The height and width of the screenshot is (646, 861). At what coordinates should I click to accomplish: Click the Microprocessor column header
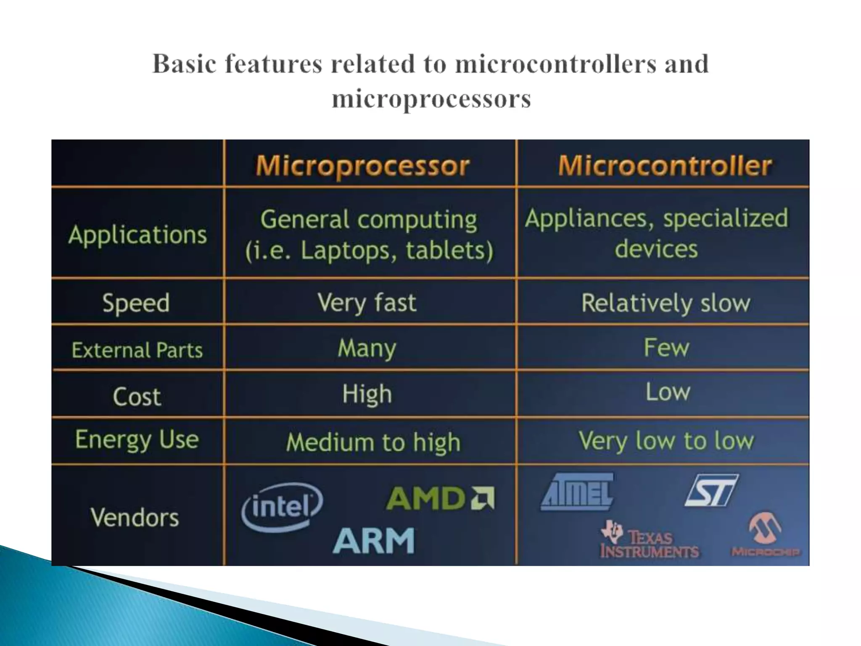(x=362, y=166)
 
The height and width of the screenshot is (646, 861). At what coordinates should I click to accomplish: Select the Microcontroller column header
(x=665, y=165)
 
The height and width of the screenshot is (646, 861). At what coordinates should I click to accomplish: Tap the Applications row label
(x=137, y=235)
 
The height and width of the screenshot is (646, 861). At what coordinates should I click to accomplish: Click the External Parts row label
(x=137, y=350)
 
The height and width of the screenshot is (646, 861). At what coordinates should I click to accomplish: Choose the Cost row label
(x=137, y=397)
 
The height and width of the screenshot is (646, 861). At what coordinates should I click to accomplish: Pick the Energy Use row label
(x=137, y=440)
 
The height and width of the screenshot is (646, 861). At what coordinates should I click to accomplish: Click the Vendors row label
(x=135, y=517)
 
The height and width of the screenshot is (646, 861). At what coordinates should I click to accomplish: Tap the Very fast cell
(x=367, y=303)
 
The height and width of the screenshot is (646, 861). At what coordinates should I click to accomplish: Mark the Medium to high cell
(x=373, y=442)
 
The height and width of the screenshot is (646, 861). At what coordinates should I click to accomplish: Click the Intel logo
(x=282, y=507)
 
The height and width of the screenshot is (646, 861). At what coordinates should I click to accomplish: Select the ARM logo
(x=373, y=541)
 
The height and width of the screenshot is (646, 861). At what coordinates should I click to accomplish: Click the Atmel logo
(x=577, y=492)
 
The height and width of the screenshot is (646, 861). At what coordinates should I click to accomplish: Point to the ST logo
(x=711, y=490)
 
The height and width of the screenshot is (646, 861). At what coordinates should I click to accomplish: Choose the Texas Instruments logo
(x=650, y=540)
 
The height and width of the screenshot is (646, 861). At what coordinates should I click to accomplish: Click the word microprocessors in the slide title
(x=431, y=99)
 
